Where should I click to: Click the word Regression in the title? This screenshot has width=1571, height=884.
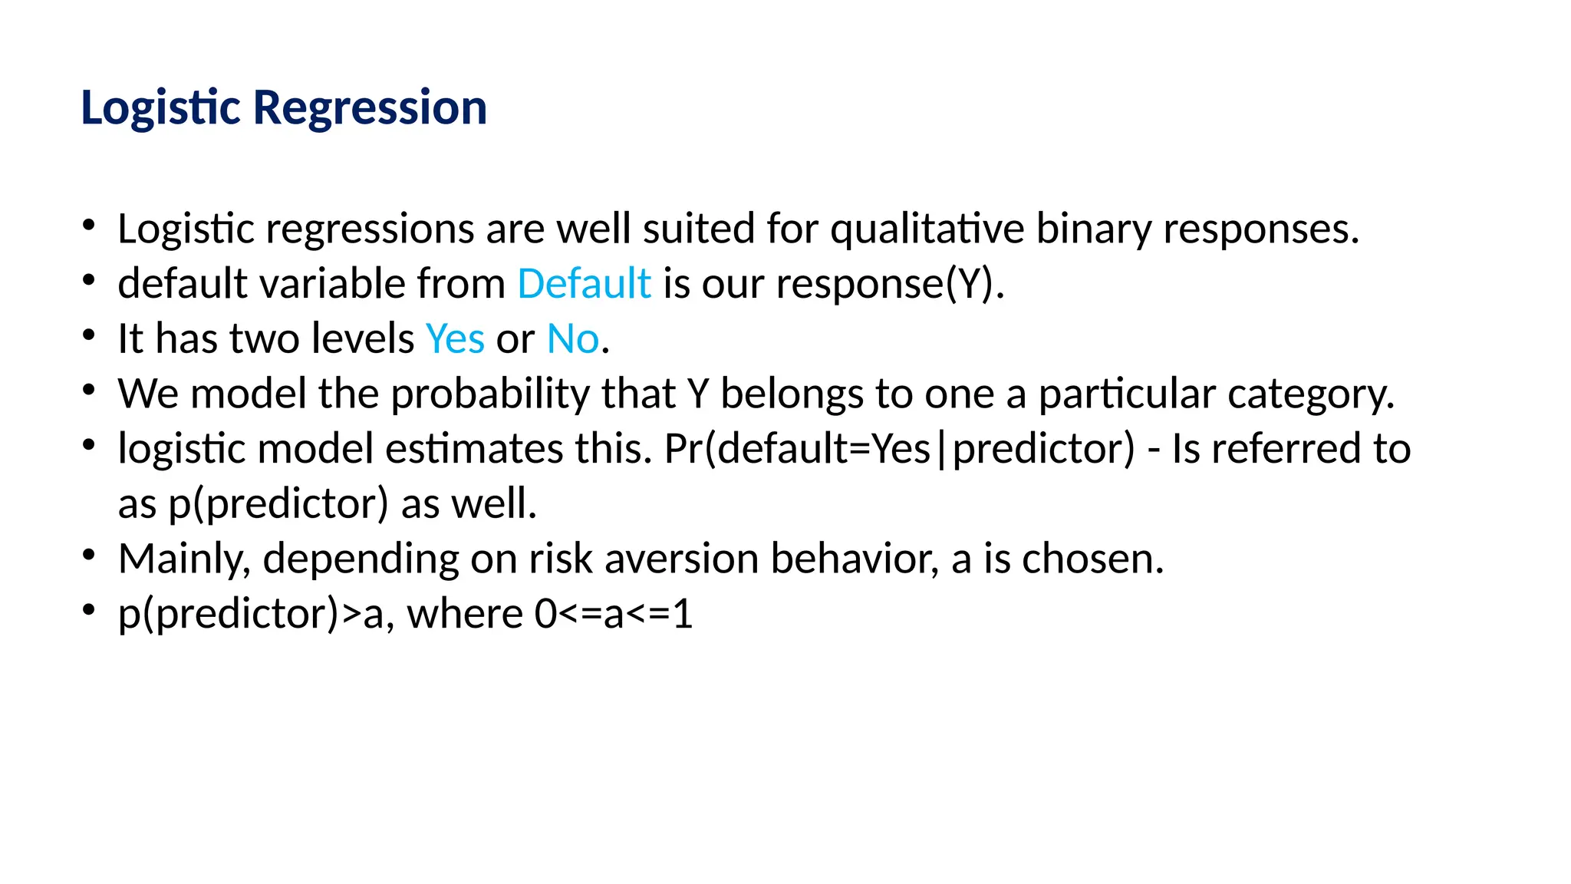coord(370,107)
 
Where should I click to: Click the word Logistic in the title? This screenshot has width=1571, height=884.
coord(161,107)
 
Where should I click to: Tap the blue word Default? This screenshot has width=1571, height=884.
coord(584,284)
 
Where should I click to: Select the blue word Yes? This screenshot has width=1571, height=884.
coord(455,339)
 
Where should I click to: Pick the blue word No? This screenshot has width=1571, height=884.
coord(572,339)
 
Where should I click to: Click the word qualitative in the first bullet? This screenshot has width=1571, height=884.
coord(927,229)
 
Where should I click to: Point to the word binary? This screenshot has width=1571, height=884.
coord(1093,229)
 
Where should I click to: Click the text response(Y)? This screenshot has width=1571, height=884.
coord(889,284)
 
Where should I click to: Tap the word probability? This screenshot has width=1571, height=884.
coord(489,394)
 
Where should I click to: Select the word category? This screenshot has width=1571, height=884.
coord(1310,394)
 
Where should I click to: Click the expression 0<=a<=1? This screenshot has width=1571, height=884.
coord(613,615)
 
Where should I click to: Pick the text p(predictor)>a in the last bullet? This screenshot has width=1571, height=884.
coord(250,615)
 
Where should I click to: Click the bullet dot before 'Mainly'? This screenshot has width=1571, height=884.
coord(89,554)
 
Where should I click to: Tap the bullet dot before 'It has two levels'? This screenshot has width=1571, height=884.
coord(89,335)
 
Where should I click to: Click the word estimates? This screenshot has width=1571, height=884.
coord(473,450)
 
